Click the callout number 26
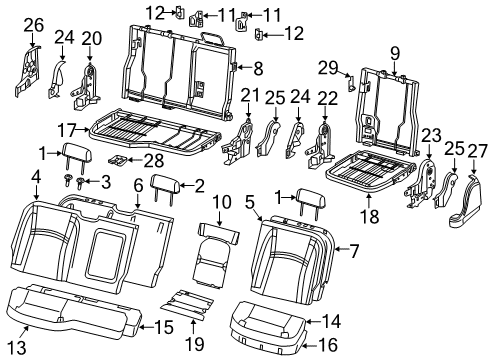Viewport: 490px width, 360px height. (x=33, y=24)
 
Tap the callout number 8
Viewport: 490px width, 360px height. (x=258, y=69)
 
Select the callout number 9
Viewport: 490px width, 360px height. (x=394, y=53)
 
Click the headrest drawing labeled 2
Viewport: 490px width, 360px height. (x=162, y=185)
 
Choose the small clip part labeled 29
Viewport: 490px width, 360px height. (x=349, y=85)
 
